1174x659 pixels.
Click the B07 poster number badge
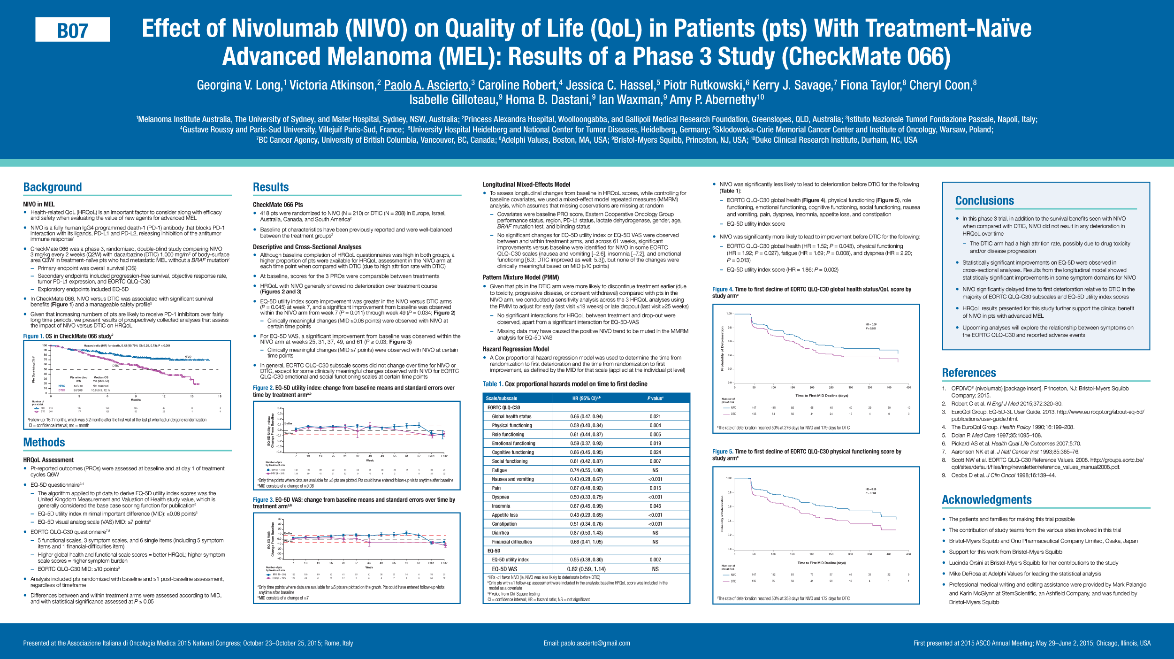point(73,30)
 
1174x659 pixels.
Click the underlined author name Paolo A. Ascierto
point(426,85)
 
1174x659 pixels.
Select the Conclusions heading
point(984,201)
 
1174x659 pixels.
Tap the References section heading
point(969,373)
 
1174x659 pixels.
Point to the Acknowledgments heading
point(986,500)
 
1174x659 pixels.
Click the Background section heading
point(53,188)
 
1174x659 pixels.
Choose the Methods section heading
point(44,443)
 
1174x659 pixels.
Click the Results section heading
point(271,188)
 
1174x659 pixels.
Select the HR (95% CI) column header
point(586,398)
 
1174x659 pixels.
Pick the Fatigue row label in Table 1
point(499,470)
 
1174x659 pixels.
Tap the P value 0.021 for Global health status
point(655,417)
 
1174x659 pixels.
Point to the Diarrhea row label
point(500,533)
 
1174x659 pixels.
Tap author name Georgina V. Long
point(238,85)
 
